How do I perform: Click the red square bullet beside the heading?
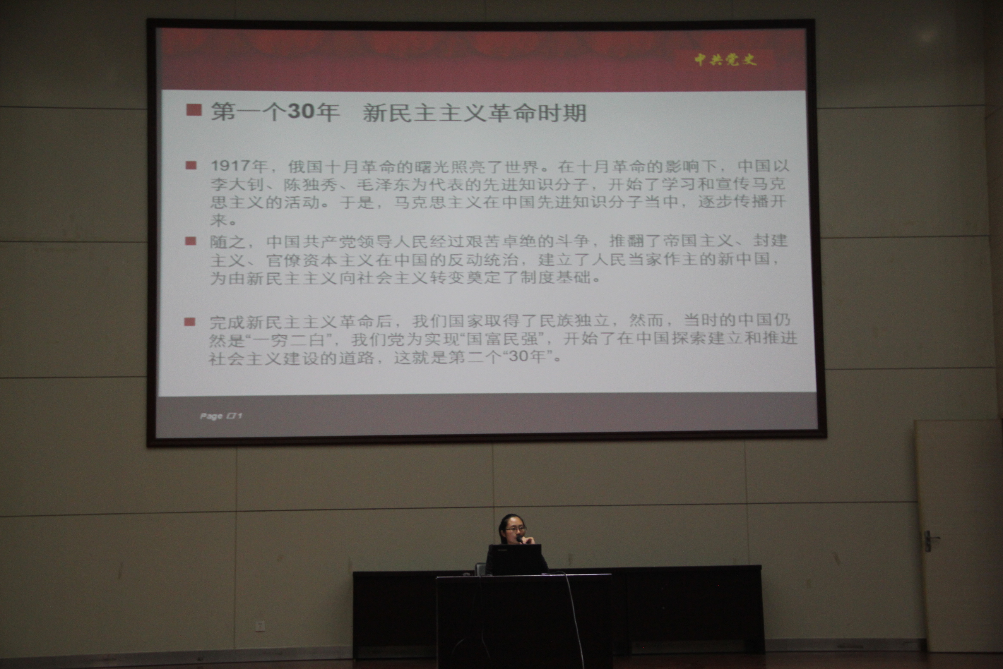193,110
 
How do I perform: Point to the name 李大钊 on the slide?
237,185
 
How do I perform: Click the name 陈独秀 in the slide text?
310,185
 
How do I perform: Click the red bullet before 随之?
190,242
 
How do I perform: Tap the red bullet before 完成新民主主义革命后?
189,322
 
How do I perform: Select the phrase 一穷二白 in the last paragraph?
289,340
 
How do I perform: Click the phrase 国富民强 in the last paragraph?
502,339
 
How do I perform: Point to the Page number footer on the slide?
221,416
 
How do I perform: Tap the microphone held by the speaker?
520,540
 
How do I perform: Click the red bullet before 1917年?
191,165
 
